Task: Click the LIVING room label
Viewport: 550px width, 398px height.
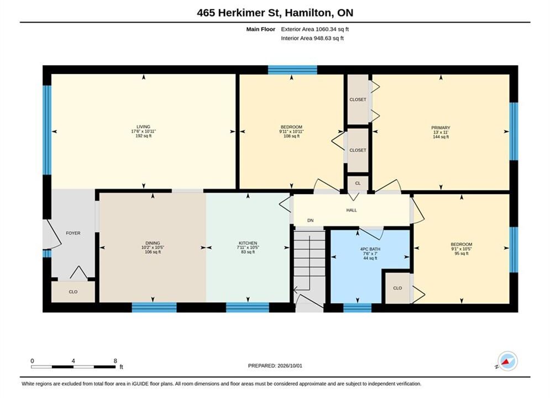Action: coord(143,127)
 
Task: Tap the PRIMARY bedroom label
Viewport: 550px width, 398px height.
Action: coord(441,128)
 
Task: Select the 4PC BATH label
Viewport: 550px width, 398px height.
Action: coord(370,249)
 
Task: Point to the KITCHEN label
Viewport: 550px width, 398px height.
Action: coord(248,243)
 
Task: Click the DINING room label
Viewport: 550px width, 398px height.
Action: coord(153,243)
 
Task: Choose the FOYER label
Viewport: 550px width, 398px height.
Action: coord(73,233)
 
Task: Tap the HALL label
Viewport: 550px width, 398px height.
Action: coord(352,210)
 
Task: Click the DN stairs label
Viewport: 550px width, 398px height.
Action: coord(310,220)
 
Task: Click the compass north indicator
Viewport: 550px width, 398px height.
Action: coord(507,361)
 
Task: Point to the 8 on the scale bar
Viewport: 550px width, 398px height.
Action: coord(115,360)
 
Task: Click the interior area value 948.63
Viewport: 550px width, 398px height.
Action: coord(322,38)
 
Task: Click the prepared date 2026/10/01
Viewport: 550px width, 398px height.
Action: coord(290,365)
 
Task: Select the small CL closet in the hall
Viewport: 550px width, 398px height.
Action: coord(358,183)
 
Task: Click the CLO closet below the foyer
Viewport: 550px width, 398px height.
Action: coord(73,292)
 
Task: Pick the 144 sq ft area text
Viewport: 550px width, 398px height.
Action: coord(441,137)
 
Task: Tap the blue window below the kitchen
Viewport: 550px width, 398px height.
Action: coord(247,307)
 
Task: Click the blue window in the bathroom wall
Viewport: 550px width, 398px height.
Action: coord(357,307)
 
